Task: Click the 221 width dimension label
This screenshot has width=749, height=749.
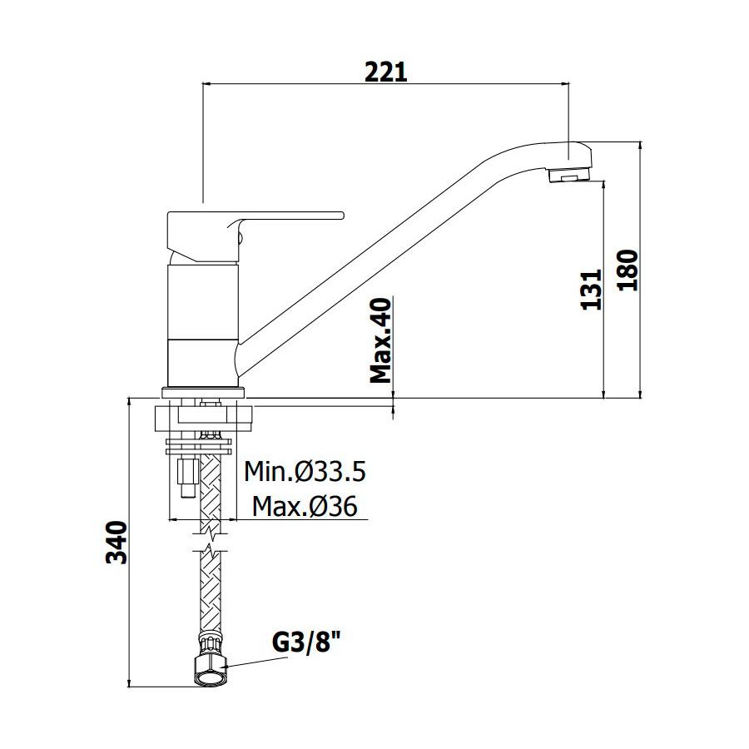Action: click(386, 72)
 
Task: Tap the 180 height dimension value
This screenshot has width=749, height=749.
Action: click(627, 270)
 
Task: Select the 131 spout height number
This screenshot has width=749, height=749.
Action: click(592, 290)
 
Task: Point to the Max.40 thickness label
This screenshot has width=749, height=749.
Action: click(381, 340)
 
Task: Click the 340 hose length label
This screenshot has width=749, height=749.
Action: click(117, 543)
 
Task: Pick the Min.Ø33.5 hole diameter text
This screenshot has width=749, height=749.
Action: click(305, 472)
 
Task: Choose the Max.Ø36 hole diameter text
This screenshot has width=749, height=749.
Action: click(305, 506)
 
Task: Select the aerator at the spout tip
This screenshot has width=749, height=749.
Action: click(570, 175)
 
